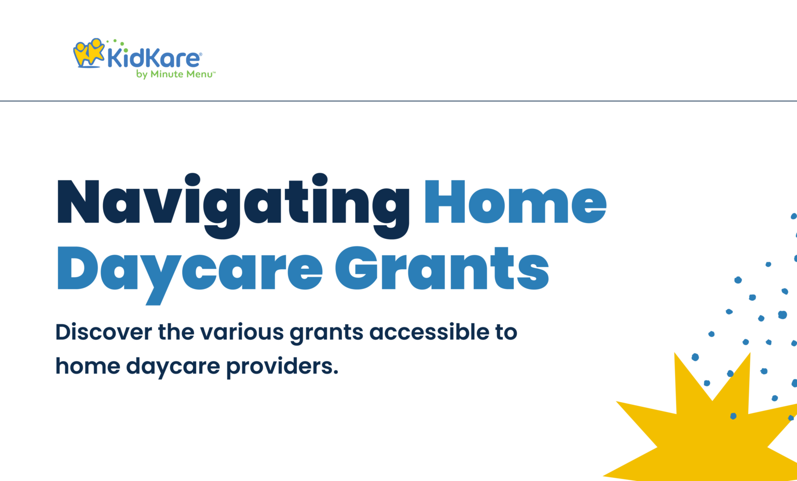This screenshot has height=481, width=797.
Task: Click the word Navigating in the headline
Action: click(x=232, y=203)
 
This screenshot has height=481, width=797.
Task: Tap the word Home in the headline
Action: click(x=515, y=202)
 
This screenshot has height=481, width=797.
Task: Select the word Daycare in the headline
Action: click(x=189, y=270)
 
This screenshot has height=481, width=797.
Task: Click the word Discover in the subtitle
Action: click(x=104, y=332)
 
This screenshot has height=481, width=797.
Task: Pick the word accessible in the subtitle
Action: click(x=429, y=332)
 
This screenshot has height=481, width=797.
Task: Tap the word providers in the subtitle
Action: click(x=282, y=367)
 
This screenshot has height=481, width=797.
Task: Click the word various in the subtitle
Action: click(x=242, y=332)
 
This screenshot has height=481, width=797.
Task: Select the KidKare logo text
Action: click(x=153, y=58)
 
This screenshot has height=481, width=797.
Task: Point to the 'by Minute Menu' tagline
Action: click(x=175, y=74)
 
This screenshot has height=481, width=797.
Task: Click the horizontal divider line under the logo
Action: click(x=398, y=101)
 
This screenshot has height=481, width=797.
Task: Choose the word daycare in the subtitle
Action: click(x=173, y=367)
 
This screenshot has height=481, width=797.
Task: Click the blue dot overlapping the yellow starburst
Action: click(x=733, y=416)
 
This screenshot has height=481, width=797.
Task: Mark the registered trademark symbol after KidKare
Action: click(x=201, y=54)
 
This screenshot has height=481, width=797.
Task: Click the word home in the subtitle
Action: click(x=88, y=366)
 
